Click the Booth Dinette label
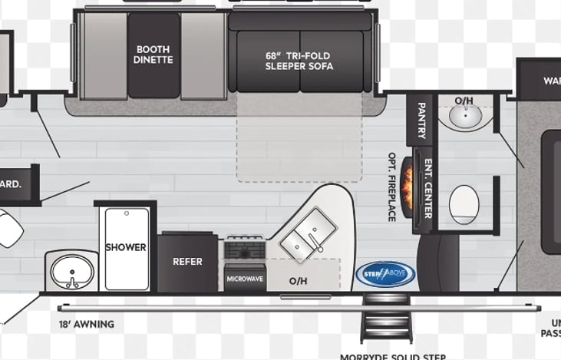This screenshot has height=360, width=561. click(153, 54)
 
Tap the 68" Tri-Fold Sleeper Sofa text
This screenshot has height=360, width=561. click(299, 61)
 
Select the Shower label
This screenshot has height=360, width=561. click(126, 247)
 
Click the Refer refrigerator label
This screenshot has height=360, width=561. click(187, 262)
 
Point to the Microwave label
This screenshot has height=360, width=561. click(245, 279)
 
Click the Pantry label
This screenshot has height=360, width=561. click(421, 121)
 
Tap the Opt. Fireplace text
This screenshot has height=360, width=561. click(391, 187)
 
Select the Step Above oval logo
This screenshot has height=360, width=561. click(384, 273)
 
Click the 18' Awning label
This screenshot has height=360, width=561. click(87, 324)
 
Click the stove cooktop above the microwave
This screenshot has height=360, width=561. click(245, 249)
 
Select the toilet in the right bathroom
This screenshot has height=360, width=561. click(464, 204)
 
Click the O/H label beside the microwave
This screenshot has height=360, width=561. click(298, 281)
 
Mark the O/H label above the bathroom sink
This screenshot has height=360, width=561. click(464, 101)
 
